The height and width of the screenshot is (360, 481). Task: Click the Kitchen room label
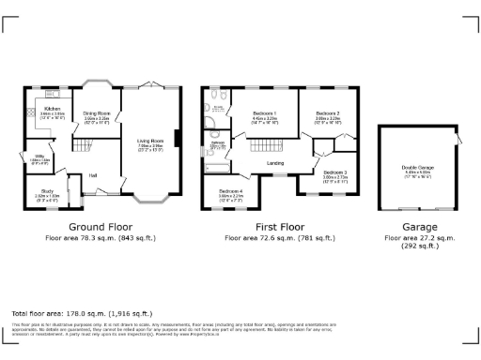coord(53,112)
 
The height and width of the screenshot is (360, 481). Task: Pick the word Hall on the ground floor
coord(94,175)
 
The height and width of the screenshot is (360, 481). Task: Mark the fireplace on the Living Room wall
coord(176,142)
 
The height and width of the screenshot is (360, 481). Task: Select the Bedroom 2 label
coord(327,116)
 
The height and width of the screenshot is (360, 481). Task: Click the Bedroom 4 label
coord(231,194)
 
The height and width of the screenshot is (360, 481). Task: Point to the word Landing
coord(275,164)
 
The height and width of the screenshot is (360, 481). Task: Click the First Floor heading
coord(281,227)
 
